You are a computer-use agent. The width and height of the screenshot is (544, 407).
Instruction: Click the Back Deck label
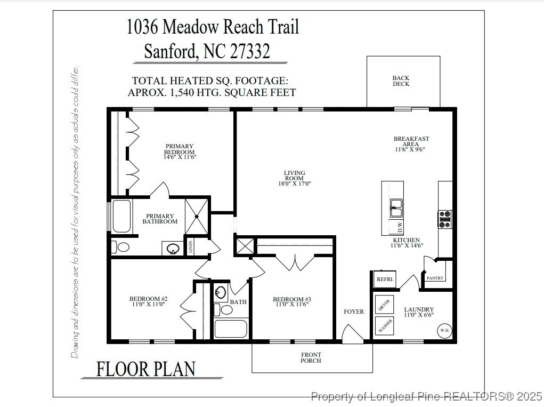[x=401, y=81]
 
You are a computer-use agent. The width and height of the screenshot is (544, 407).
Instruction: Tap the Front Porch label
[x=311, y=358]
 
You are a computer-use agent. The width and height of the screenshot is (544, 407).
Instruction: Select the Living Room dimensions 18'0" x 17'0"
[x=294, y=183]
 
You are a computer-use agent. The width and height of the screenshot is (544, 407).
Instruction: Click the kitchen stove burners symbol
[x=445, y=219]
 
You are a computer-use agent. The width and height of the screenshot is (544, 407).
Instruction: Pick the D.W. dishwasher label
[x=400, y=227]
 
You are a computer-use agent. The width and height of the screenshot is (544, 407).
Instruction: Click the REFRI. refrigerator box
[x=385, y=280]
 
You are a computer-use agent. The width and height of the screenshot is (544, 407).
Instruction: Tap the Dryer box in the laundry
[x=385, y=305]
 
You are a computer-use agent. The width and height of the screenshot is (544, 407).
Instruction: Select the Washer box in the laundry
[x=385, y=325]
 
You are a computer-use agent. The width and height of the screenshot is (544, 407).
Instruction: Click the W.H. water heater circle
[x=444, y=331]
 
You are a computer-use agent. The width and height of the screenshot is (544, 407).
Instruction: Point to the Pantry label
[x=435, y=278]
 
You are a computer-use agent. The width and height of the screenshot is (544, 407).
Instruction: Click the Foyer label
[x=354, y=312]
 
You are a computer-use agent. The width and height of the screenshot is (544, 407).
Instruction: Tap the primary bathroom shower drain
[x=197, y=217]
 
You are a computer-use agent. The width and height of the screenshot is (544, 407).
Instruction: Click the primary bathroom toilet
[x=122, y=247]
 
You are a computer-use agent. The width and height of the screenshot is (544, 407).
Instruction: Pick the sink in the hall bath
[x=221, y=292]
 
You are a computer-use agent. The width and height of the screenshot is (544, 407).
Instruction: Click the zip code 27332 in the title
[x=250, y=51]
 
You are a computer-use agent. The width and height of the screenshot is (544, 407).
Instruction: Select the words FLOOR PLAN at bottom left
[x=145, y=369]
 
